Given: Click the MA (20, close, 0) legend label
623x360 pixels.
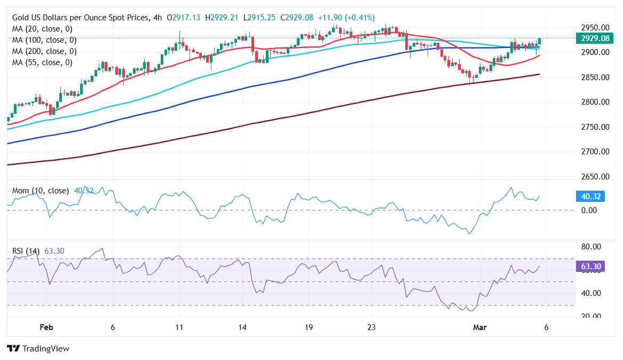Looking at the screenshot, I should (x=42, y=29).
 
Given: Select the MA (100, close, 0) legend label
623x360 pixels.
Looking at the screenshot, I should (x=44, y=40).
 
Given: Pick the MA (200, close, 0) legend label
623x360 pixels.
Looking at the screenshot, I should (x=44, y=51).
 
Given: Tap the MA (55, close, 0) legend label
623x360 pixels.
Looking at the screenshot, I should (x=42, y=62).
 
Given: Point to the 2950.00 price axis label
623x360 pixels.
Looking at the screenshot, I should (x=595, y=27).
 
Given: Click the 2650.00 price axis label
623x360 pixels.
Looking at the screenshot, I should (x=595, y=176).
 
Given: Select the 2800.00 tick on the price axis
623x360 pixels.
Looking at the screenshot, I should (x=595, y=102).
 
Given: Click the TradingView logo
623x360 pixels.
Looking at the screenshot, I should (x=38, y=348).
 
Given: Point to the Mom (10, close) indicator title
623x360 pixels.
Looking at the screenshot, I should (x=41, y=191).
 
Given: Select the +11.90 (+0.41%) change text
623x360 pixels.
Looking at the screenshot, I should (x=346, y=18).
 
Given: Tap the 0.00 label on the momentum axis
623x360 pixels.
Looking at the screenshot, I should (x=590, y=210).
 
